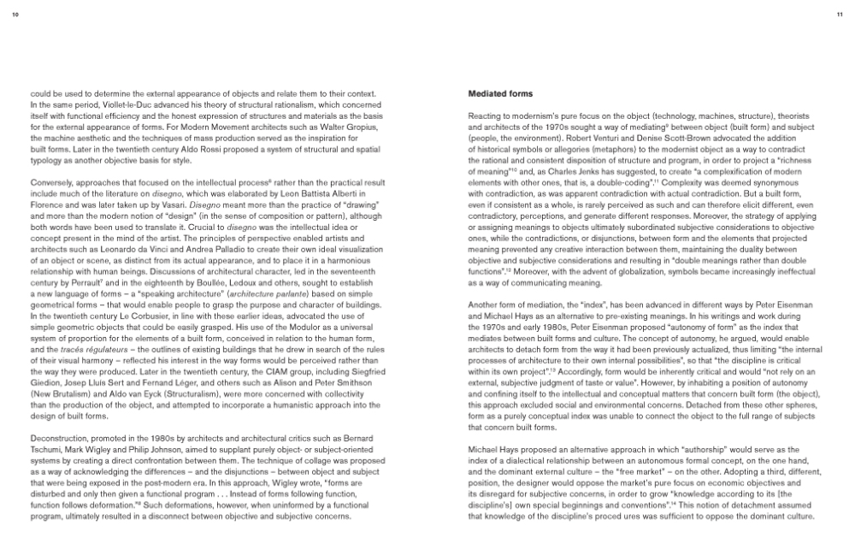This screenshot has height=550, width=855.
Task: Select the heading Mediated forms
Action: (500, 93)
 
